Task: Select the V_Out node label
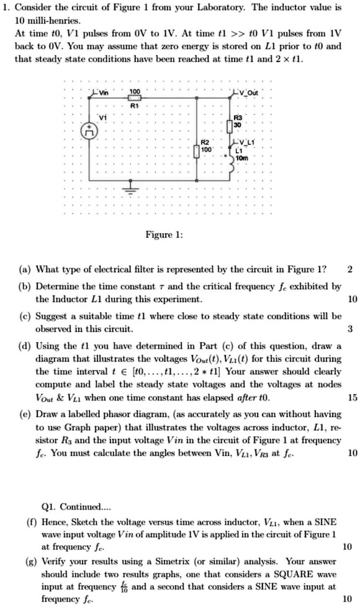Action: [249, 92]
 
